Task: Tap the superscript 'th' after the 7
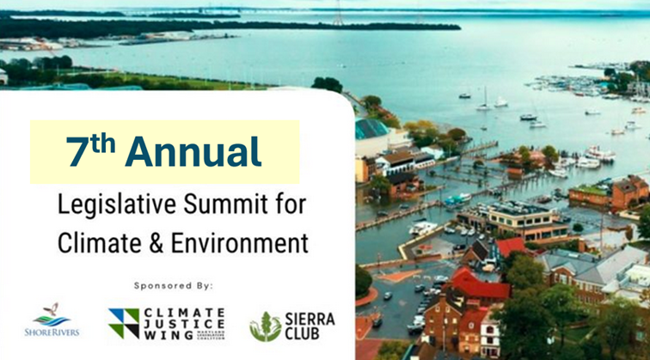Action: click(x=104, y=142)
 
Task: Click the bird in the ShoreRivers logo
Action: click(x=52, y=311)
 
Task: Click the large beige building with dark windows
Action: click(x=517, y=220)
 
